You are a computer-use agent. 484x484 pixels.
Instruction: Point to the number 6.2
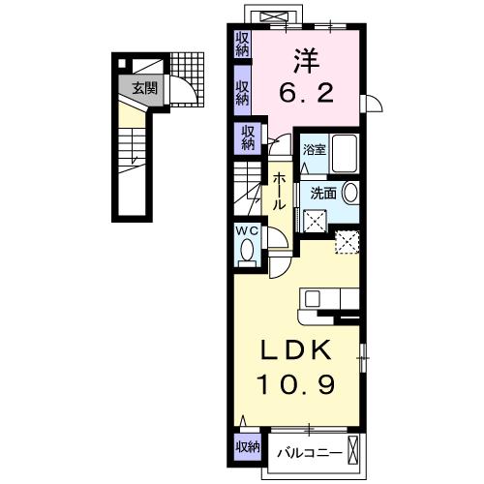[308, 95]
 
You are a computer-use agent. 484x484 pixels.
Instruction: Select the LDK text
[297, 350]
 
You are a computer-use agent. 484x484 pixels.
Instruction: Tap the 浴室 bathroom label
[315, 150]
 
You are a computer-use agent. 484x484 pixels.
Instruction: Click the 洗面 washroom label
[322, 193]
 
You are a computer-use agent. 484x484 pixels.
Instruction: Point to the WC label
[246, 231]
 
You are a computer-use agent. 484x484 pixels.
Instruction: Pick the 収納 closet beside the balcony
[247, 446]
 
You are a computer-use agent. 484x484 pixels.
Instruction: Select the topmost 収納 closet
[242, 44]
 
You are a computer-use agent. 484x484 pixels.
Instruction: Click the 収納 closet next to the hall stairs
[249, 136]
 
